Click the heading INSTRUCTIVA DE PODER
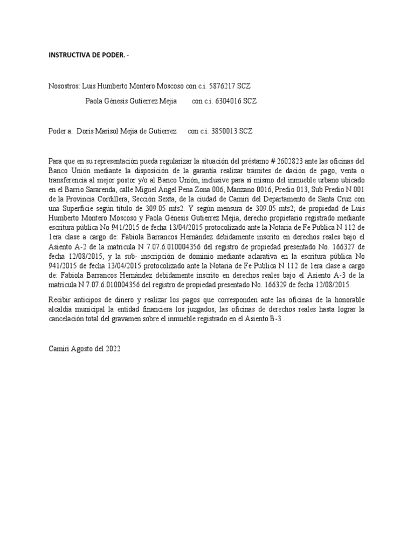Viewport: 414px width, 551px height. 87,55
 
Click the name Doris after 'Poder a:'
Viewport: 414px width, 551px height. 87,131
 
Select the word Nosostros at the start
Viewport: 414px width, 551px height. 64,86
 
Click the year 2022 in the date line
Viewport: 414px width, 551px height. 112,349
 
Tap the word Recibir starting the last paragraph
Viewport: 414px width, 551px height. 60,299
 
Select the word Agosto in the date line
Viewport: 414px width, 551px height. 80,349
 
